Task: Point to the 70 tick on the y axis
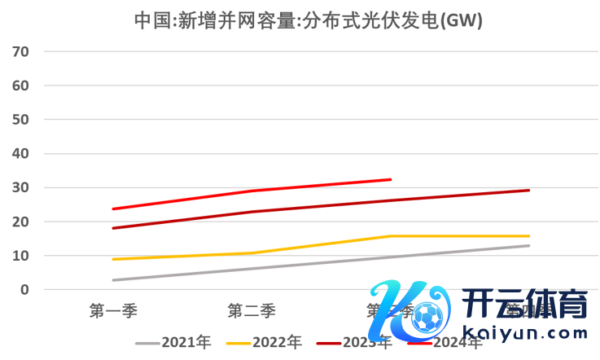click(20, 51)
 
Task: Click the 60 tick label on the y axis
click(20, 86)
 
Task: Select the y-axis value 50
click(20, 120)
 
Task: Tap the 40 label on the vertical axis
click(20, 154)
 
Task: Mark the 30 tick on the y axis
click(20, 188)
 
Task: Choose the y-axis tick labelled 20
click(20, 222)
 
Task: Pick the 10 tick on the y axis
click(20, 256)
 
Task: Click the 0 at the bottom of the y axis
click(24, 290)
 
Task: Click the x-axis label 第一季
click(112, 310)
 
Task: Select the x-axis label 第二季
click(252, 310)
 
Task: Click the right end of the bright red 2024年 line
click(391, 179)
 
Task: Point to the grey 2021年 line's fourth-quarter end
click(529, 245)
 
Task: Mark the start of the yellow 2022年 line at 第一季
click(112, 259)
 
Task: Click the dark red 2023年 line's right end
click(529, 191)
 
